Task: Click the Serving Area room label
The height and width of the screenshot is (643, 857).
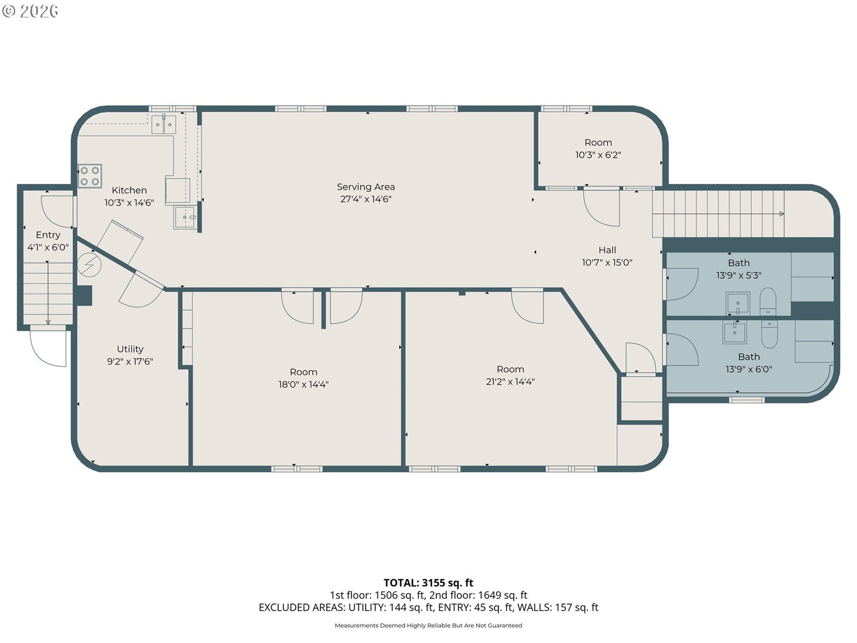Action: coord(365,187)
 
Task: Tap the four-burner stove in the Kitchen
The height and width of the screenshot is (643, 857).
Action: coord(90,176)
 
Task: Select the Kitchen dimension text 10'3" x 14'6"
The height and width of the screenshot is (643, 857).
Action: coord(129,203)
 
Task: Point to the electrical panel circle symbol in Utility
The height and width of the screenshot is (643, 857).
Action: coord(89,265)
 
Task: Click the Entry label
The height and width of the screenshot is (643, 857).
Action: coord(48,235)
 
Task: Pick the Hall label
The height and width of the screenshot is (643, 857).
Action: coord(607,250)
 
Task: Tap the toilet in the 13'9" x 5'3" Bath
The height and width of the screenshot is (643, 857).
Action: coord(768,301)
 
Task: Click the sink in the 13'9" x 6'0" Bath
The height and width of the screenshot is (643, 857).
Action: coord(734,332)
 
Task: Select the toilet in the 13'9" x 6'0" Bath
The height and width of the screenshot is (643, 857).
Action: coord(770,334)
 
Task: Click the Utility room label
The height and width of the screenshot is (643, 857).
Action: coord(130,349)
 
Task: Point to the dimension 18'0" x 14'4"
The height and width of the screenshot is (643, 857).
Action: coord(303,385)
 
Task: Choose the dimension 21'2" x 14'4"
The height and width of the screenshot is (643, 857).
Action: coord(510,382)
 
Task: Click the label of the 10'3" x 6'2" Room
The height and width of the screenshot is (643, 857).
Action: coord(598,143)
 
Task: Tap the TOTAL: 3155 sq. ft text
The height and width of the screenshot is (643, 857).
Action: coord(428,583)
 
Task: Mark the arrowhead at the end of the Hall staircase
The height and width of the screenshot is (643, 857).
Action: coord(782,214)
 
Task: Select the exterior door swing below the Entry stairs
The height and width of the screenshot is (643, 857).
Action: coord(48,349)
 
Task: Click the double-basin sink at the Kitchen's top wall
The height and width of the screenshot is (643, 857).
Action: coord(163,124)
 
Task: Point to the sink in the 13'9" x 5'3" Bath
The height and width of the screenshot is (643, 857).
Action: coord(738,303)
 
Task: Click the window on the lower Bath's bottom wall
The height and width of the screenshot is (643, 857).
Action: coord(747,400)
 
